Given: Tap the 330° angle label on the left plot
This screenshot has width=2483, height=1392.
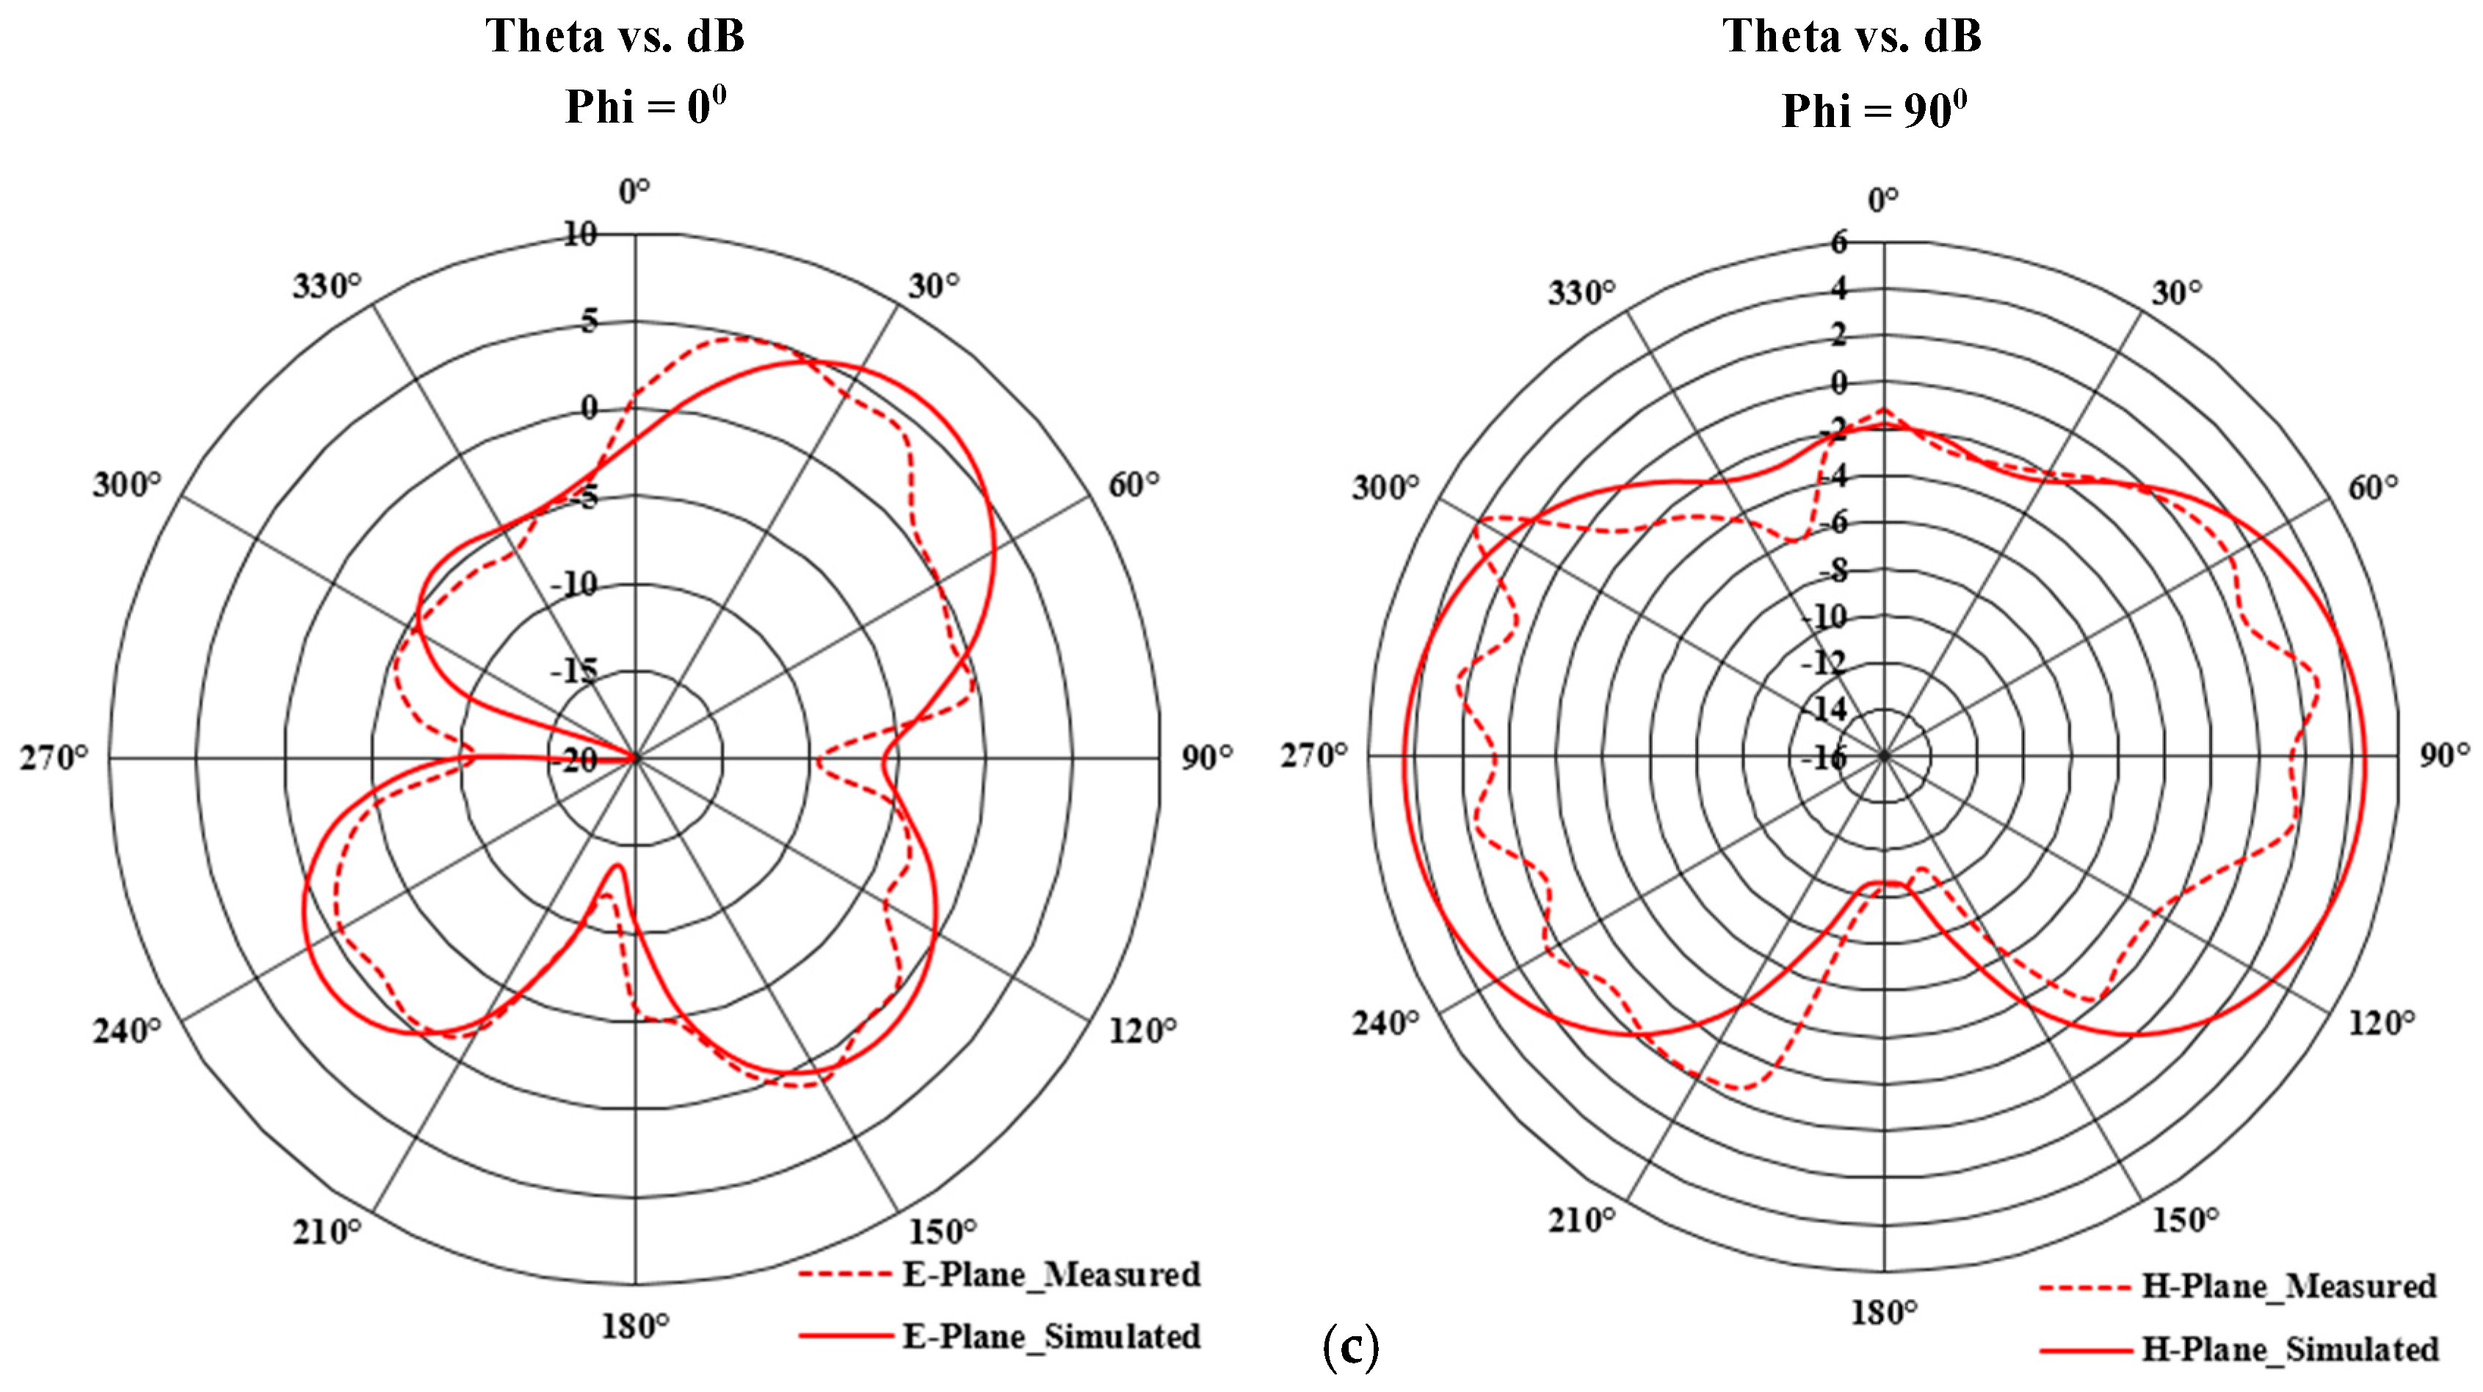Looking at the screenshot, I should [327, 286].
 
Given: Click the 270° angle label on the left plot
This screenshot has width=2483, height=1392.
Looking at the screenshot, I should [53, 758].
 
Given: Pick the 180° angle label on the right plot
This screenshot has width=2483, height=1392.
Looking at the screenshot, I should [1882, 1312].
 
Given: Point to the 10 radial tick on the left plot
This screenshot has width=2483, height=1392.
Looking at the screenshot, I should [580, 234].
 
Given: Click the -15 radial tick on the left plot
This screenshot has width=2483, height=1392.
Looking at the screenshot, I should [574, 671].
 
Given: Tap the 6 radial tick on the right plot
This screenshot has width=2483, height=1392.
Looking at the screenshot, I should [1838, 242].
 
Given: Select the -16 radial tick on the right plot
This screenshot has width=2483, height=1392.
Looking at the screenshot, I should [1824, 758].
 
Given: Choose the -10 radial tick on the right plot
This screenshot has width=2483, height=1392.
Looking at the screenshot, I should [1824, 616].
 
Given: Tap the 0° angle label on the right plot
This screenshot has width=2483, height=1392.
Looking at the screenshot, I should [1882, 200].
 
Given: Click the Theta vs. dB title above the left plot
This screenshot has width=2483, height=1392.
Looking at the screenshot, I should [615, 37].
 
